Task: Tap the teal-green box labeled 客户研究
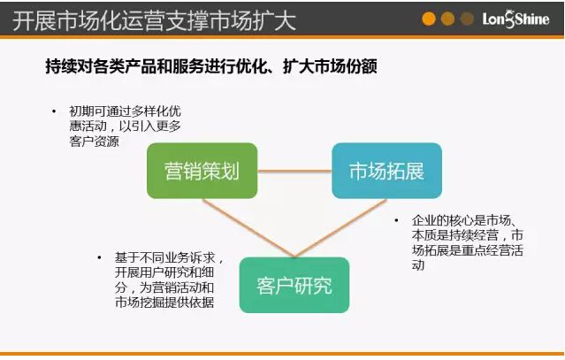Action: click(x=294, y=285)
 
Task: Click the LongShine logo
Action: click(x=518, y=19)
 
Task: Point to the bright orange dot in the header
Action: click(x=429, y=19)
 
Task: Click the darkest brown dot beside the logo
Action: click(x=467, y=19)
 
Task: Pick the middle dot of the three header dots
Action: click(x=447, y=19)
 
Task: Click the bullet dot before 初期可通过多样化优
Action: click(x=52, y=112)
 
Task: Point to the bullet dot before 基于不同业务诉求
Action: click(x=99, y=258)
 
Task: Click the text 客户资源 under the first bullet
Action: click(x=95, y=142)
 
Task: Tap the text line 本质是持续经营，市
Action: click(x=466, y=235)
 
